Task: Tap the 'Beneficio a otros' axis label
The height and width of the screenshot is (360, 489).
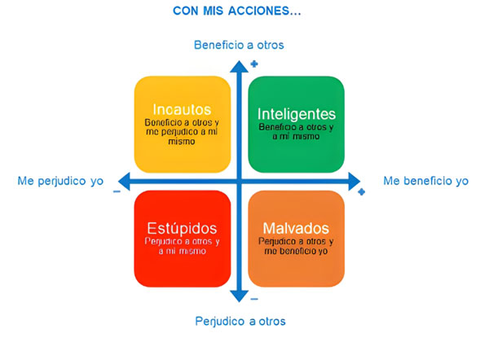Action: [239, 45]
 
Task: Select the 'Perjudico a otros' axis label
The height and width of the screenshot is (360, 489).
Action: [240, 321]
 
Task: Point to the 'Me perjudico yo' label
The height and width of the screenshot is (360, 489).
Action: [60, 181]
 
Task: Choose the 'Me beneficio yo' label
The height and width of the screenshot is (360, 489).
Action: [425, 181]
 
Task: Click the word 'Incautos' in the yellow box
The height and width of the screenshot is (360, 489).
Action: [182, 109]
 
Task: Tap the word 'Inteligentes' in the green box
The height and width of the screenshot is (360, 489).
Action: [296, 113]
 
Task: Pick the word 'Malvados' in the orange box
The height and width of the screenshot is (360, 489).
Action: [296, 228]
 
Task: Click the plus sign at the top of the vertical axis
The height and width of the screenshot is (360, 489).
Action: [254, 63]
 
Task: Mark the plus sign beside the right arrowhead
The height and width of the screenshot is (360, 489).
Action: [361, 192]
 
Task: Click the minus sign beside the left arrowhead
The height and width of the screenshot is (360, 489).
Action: [117, 191]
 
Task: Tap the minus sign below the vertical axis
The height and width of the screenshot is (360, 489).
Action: [254, 299]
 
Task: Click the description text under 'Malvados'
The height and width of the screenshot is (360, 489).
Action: [296, 247]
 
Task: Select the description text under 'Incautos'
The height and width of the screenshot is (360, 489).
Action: [182, 130]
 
